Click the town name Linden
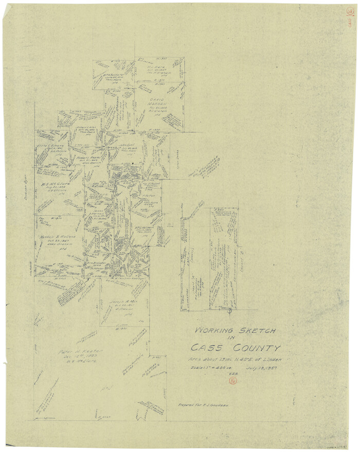pos(272,359)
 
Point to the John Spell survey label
pos(127,146)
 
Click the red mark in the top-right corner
pos(349,17)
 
